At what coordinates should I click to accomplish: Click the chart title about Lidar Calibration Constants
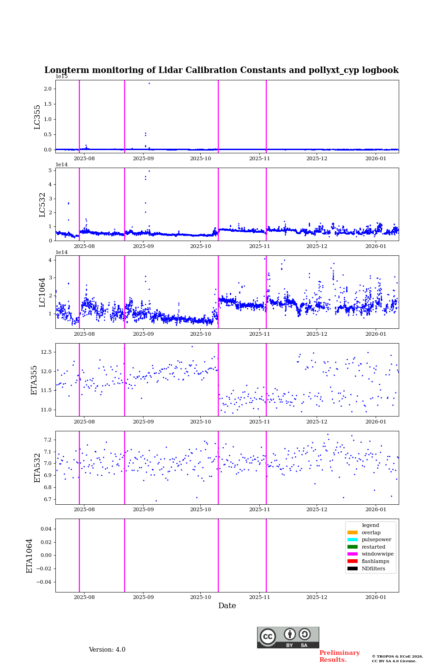(221, 70)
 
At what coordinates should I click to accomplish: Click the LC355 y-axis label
(37, 117)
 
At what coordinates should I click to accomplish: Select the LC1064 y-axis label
(42, 292)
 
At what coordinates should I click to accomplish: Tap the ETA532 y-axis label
(37, 467)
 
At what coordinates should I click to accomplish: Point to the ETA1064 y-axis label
(30, 556)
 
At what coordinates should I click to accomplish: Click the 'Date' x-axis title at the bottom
(227, 606)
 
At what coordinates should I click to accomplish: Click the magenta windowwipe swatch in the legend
(353, 554)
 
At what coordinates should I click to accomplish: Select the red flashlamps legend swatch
(353, 561)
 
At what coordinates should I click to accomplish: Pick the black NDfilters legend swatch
(353, 568)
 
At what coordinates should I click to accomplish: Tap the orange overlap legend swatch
(353, 532)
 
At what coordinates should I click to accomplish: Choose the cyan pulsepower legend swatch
(353, 539)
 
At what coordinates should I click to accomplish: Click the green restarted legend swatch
(353, 547)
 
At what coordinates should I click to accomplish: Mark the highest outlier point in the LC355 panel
(149, 83)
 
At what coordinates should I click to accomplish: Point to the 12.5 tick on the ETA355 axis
(46, 352)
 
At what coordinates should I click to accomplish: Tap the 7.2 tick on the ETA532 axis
(48, 440)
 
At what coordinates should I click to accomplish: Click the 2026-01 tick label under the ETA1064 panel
(376, 598)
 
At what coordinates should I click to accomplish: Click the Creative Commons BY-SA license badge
(288, 637)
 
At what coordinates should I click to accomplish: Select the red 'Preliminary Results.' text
(339, 656)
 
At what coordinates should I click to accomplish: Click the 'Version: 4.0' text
(107, 650)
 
